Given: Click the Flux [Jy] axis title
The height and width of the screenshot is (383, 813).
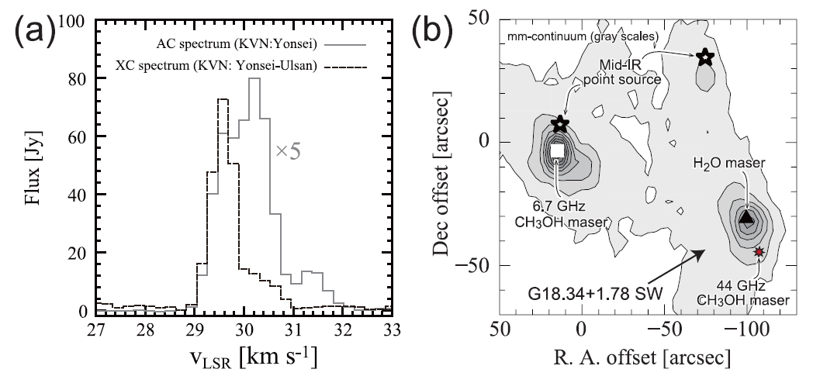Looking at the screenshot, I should (x=31, y=166).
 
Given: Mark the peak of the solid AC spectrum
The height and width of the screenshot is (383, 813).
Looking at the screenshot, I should (x=254, y=79).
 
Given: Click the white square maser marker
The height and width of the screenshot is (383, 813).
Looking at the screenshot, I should (x=556, y=152).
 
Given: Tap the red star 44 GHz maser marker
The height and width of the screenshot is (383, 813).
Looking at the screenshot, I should (x=759, y=252).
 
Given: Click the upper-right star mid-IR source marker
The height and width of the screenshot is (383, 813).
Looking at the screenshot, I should (x=704, y=57).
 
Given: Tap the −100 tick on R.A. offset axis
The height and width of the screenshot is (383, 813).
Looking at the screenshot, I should (x=746, y=325).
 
